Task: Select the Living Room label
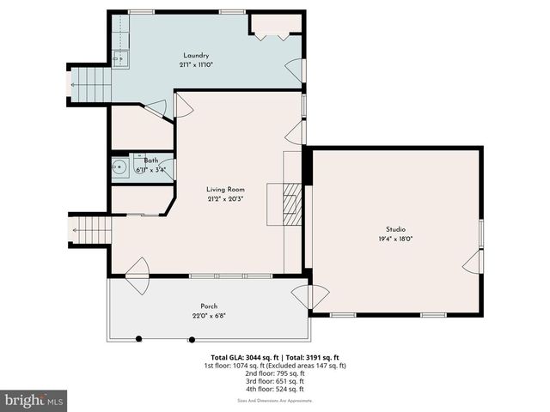[225, 189]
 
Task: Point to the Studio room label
[395, 229]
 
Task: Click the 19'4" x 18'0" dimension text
[395, 239]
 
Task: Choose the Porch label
[209, 306]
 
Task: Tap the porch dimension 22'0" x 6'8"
[209, 316]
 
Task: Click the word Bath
[150, 161]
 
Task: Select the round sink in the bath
[121, 167]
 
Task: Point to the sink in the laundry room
[120, 58]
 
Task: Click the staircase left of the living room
[92, 230]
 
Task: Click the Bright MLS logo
[34, 400]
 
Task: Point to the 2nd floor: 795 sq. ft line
[274, 373]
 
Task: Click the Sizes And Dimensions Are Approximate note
[274, 400]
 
